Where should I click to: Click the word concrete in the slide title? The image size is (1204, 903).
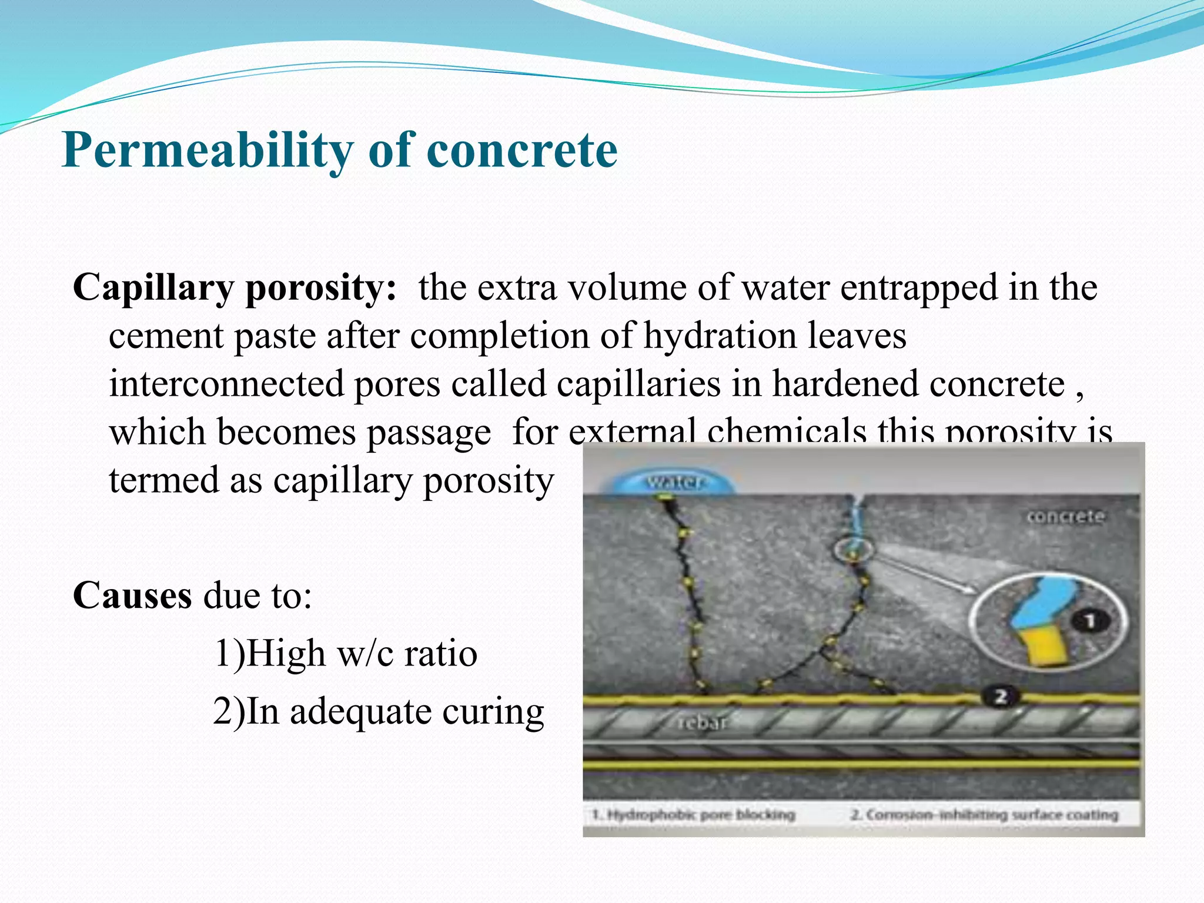[x=521, y=151]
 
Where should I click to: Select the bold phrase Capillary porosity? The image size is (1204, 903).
[x=235, y=289]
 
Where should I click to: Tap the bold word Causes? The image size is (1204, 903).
[x=132, y=596]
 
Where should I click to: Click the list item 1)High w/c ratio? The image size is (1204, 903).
[x=345, y=653]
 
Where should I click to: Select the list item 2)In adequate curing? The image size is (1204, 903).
[x=378, y=711]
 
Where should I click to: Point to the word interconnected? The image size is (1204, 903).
[x=226, y=384]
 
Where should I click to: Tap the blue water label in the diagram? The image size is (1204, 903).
[x=675, y=483]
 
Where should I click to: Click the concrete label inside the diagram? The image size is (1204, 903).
[x=1065, y=517]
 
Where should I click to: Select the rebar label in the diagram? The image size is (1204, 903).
[x=702, y=723]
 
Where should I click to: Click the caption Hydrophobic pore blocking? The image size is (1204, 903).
[x=694, y=815]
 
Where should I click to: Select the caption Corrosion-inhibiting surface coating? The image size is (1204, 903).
[x=984, y=815]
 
